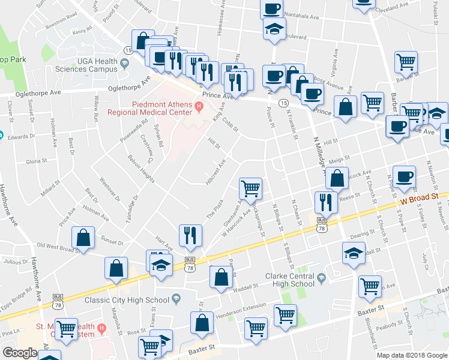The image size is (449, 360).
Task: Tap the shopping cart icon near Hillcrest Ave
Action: click(x=250, y=188)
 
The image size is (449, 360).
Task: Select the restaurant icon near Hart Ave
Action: click(x=190, y=236)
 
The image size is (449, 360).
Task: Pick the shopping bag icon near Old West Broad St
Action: click(x=83, y=238)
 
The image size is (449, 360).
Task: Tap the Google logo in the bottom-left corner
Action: click(x=20, y=353)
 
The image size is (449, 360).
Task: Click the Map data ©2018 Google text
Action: click(x=412, y=355)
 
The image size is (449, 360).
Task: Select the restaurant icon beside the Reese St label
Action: click(x=326, y=202)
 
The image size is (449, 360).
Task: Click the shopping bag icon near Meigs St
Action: click(x=338, y=178)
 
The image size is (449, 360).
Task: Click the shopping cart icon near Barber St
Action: click(x=406, y=62)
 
